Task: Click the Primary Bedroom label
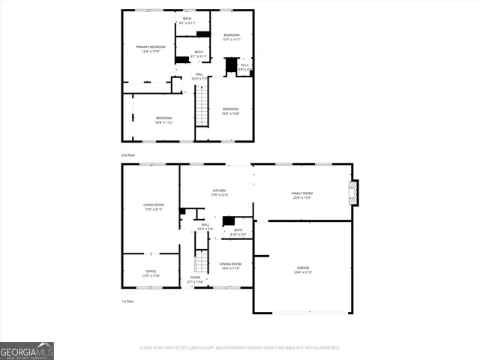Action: (x=149, y=49)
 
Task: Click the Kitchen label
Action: (x=220, y=193)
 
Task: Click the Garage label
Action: (x=303, y=269)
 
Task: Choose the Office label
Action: (x=151, y=274)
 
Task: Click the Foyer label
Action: (x=195, y=279)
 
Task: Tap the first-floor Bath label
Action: (x=238, y=232)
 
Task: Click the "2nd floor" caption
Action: (x=128, y=154)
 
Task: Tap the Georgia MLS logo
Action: (x=27, y=350)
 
